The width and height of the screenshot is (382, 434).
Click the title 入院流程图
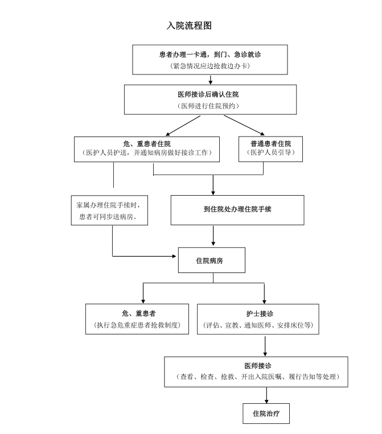click(189, 26)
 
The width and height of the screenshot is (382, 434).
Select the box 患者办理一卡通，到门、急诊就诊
click(210, 60)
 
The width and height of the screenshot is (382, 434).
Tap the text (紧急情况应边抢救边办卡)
click(210, 66)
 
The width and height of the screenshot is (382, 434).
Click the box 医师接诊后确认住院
click(210, 100)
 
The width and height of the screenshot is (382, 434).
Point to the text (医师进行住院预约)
click(208, 106)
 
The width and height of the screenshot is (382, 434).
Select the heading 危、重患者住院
click(147, 144)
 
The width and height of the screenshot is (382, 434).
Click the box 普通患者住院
click(270, 149)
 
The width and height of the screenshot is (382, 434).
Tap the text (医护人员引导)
click(270, 152)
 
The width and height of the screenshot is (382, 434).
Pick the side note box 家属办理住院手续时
click(109, 210)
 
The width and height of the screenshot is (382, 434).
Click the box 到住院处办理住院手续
click(237, 210)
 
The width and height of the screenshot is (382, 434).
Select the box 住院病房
click(212, 260)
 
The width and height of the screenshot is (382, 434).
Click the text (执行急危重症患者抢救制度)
click(137, 325)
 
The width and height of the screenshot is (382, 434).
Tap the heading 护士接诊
click(260, 313)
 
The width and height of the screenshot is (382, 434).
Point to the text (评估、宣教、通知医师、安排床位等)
click(258, 325)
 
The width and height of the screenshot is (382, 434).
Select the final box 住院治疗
click(266, 414)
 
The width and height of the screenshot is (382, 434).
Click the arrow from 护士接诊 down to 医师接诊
click(265, 345)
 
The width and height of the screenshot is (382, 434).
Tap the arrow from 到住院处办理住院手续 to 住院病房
click(213, 235)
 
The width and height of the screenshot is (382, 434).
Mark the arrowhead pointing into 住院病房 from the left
click(174, 257)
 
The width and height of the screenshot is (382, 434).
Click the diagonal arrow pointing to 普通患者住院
click(244, 125)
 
